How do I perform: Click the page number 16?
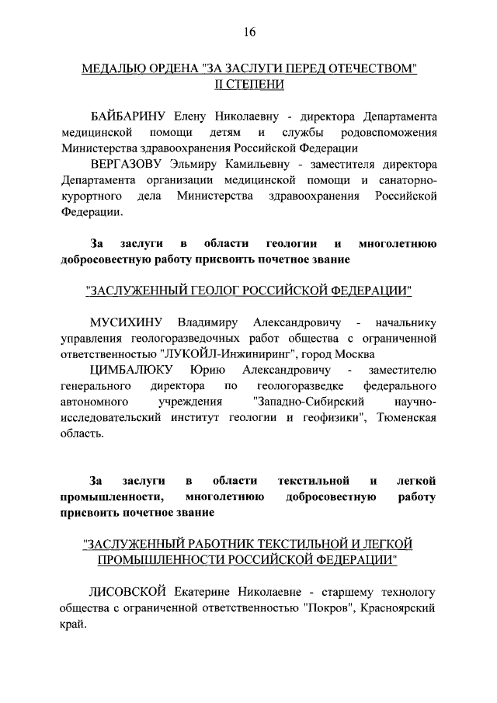tap(248, 32)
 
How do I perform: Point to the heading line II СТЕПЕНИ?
tap(248, 84)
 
